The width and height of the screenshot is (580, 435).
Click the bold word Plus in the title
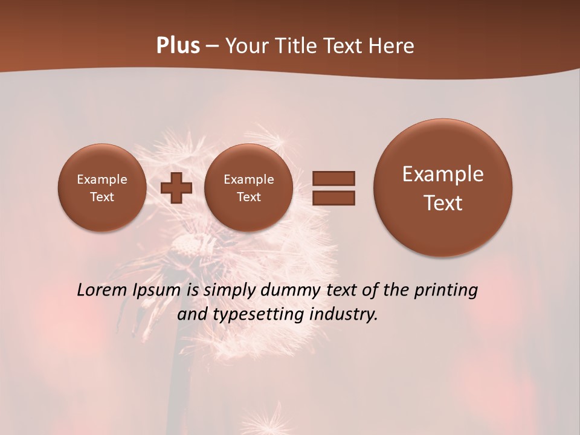178,46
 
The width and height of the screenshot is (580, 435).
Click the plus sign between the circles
176,188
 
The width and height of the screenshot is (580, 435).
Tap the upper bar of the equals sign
333,178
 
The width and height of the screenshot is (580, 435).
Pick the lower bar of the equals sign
333,198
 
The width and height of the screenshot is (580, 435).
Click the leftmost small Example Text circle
102,187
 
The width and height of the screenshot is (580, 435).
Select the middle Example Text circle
248,187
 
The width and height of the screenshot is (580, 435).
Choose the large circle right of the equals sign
443,187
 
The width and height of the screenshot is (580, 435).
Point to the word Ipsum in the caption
157,291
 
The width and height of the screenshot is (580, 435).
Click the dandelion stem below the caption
176,375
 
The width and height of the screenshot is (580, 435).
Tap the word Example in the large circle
443,174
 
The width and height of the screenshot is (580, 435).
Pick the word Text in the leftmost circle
102,197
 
